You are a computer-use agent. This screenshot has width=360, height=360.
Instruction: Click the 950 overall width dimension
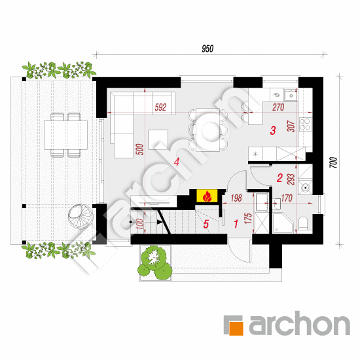[x=207, y=48]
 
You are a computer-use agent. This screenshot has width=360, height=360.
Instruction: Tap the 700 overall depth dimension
[x=334, y=162]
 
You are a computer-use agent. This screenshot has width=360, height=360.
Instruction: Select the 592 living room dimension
[x=160, y=107]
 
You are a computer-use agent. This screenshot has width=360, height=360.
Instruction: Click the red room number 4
[x=176, y=162]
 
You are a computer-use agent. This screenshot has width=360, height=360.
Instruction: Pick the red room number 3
[x=273, y=130]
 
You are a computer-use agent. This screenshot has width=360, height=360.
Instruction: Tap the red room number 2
[x=279, y=178]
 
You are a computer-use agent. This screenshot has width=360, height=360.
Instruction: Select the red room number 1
[x=236, y=224]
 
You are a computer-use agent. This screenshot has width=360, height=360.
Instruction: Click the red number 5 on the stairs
[x=206, y=225]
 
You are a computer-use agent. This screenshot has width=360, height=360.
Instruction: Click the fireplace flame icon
[x=207, y=196]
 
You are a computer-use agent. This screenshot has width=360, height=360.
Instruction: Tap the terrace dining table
[x=65, y=135]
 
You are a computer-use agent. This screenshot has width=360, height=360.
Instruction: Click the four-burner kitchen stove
[x=305, y=124]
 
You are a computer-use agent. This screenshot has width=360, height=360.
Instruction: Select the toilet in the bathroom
[x=303, y=223]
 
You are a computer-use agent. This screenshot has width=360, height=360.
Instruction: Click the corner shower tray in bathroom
[x=283, y=223]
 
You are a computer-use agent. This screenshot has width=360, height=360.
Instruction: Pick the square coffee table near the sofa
[x=158, y=139]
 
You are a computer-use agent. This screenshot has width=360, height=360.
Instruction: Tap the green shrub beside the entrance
[x=155, y=262]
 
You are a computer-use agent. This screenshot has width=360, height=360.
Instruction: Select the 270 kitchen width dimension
[x=278, y=107]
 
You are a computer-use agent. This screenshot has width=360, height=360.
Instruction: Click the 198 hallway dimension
[x=236, y=198]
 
